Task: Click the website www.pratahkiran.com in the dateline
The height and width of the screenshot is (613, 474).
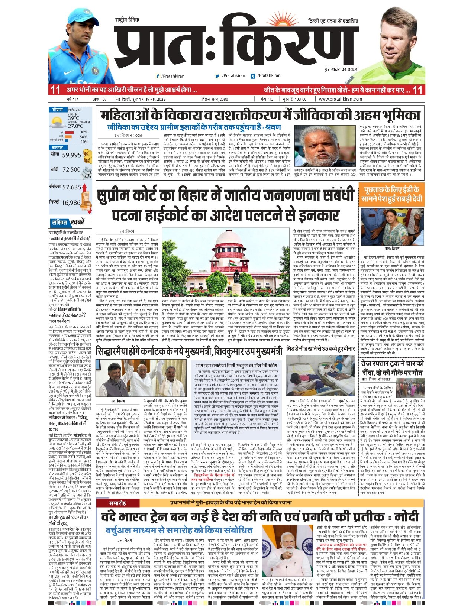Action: tap(340, 99)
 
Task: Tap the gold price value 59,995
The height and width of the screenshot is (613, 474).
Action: tap(71, 155)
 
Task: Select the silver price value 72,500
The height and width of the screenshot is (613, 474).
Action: tap(71, 169)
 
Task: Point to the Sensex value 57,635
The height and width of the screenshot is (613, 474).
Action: tap(71, 187)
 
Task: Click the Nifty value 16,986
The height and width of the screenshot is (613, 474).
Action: tap(71, 203)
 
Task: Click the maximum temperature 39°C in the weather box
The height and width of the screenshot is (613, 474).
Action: tap(74, 118)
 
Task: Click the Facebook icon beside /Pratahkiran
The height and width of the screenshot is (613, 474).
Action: tap(158, 76)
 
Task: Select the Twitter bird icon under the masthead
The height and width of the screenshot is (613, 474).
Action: tap(217, 76)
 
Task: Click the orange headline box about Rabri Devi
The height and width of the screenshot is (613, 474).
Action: tap(391, 194)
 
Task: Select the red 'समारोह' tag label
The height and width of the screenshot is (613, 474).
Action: tap(117, 503)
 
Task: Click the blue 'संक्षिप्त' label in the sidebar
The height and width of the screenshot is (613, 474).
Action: tap(59, 223)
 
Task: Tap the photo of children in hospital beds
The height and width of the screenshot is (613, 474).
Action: tap(321, 375)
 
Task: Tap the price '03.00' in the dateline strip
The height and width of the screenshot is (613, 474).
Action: tap(301, 99)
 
